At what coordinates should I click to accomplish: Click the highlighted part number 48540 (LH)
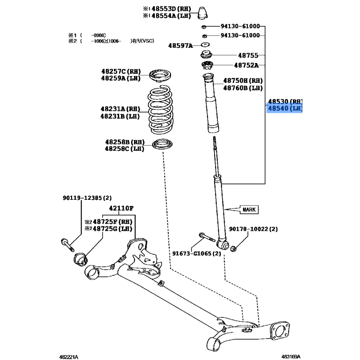click(285, 109)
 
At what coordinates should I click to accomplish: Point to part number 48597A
click(180, 45)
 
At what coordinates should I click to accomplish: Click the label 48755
click(248, 56)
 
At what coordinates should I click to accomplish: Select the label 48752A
click(248, 65)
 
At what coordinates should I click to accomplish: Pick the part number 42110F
click(121, 208)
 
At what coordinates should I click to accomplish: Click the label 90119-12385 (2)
click(86, 198)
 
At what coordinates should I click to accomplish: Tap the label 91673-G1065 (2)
click(197, 253)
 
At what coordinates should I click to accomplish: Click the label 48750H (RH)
click(243, 81)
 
